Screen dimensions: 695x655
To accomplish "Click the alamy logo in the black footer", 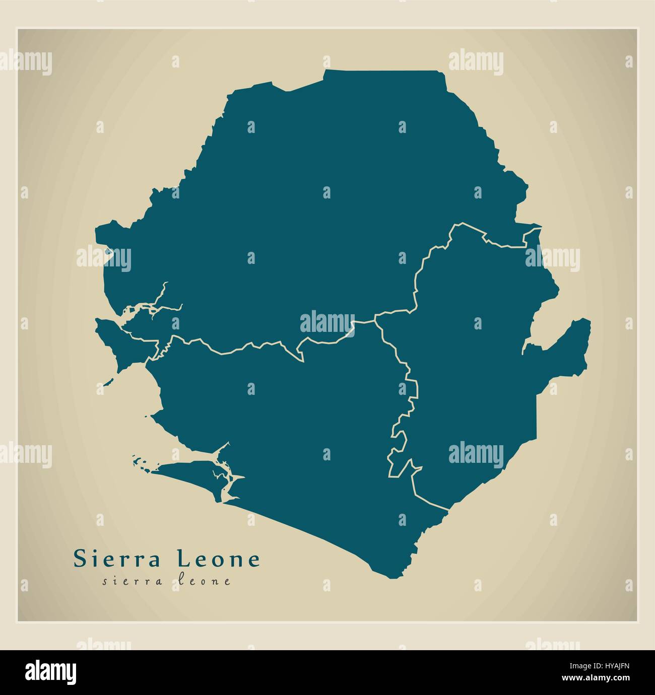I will tap(50, 672).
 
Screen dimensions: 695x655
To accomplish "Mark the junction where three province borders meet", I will tap(375, 319).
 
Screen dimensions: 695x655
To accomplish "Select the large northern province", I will tap(312, 201).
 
